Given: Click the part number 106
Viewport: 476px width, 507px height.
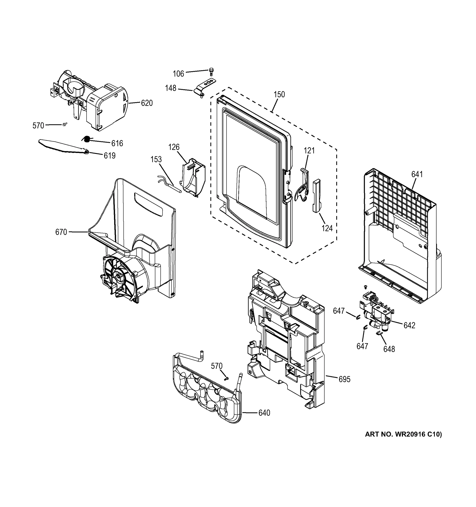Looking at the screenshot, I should (x=178, y=74).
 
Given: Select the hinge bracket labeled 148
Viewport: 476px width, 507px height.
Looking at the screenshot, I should (x=205, y=86).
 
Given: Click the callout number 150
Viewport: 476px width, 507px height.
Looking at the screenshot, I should (x=279, y=94).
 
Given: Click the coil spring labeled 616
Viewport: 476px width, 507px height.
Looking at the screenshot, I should (x=86, y=139).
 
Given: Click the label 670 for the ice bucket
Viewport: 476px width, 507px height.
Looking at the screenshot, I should (x=61, y=232).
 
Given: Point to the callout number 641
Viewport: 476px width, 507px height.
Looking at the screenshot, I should (x=417, y=174).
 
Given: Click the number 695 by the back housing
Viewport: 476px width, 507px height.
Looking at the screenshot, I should (x=344, y=379).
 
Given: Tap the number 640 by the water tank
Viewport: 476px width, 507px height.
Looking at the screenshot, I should (x=264, y=413).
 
